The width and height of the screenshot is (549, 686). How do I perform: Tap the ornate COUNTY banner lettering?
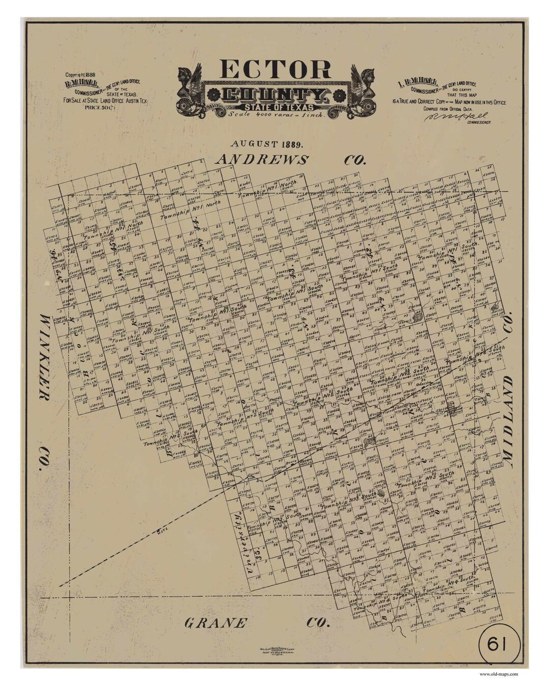[274, 95]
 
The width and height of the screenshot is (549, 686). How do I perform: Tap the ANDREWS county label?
[262, 160]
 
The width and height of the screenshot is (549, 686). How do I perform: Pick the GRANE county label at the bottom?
[216, 622]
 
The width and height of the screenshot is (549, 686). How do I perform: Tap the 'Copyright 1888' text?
[80, 75]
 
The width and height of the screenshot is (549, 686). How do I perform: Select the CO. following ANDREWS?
[355, 160]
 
